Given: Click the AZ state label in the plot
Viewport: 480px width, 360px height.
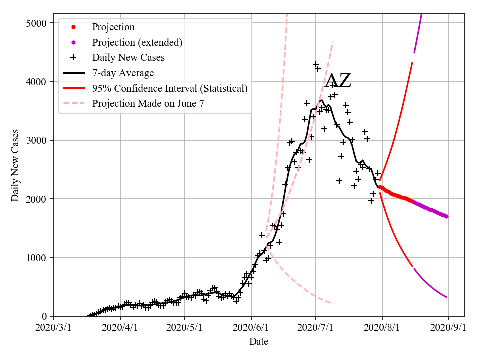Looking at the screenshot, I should (338, 81).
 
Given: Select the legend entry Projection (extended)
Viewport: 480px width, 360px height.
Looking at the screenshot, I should (137, 42).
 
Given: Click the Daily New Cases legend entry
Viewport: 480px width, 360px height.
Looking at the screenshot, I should (128, 57).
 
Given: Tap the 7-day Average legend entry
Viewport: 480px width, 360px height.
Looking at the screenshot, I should (122, 73).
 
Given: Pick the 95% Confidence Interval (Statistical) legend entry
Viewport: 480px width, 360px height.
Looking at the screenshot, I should (170, 88).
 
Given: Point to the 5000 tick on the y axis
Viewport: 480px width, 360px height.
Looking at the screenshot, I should (37, 23).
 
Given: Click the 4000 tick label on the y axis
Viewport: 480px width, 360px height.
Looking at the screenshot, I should (37, 82).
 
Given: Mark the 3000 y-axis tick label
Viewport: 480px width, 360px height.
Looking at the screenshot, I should (37, 140).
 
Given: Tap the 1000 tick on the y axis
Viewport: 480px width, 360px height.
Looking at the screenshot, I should (37, 258).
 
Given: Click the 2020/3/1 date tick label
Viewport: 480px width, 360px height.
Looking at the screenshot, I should (54, 328).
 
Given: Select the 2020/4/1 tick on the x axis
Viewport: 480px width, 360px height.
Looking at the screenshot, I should (119, 328).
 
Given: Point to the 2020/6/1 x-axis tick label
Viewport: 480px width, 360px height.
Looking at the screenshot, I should (251, 328).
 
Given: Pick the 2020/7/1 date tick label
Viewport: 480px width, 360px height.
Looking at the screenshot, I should (316, 328).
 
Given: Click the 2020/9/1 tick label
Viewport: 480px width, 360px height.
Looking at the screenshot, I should (448, 328).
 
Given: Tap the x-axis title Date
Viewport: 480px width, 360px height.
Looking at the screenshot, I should (259, 342).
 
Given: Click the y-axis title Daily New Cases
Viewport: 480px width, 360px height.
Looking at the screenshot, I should (15, 165).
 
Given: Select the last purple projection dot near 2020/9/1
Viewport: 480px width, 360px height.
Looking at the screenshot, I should (446, 216).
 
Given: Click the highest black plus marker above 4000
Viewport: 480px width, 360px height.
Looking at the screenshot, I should (316, 65).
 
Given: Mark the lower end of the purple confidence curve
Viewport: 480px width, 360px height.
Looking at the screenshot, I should (446, 297).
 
